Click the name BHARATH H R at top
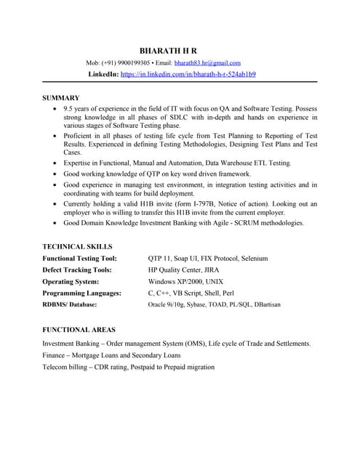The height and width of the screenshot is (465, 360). coord(168,50)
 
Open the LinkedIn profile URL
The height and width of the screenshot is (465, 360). coord(188,74)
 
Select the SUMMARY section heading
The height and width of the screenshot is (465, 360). coord(61,97)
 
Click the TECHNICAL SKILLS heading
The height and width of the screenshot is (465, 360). coord(77,246)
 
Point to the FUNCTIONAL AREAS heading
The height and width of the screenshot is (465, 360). coord(79,329)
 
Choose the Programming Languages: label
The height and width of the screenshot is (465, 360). coord(81,293)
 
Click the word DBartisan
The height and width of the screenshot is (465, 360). coord(263,304)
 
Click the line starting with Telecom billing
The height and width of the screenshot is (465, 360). coord(128,367)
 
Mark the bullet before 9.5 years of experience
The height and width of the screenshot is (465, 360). coord(57,108)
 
